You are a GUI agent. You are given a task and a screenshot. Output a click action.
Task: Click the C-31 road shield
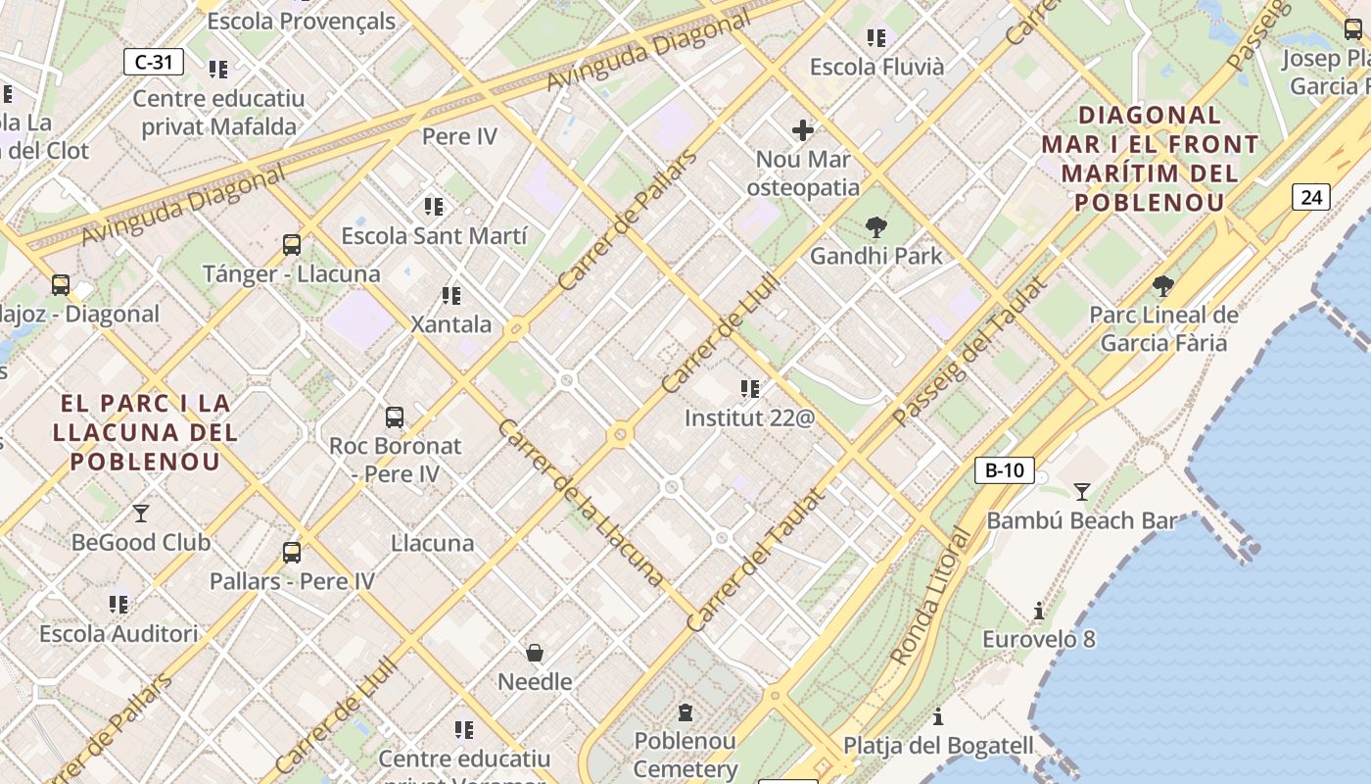click(154, 62)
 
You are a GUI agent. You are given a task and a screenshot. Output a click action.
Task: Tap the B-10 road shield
click(1004, 470)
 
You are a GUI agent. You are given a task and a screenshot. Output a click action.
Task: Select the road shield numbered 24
click(1310, 197)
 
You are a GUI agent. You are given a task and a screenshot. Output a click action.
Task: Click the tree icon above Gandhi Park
click(876, 228)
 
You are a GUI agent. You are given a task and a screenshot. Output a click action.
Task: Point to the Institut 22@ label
click(749, 417)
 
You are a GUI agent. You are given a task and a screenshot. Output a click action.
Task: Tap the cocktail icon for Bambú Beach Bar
click(1082, 491)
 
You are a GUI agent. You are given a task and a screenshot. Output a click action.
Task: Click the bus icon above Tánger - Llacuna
click(291, 245)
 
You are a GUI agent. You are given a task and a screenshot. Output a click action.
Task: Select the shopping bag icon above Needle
click(535, 653)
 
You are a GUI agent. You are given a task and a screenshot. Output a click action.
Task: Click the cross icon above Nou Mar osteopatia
click(803, 130)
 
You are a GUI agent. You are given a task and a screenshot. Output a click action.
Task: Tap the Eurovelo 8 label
click(1039, 639)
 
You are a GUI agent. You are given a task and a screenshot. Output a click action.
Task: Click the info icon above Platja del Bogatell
click(938, 717)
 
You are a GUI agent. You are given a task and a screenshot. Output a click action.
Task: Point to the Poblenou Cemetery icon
click(685, 712)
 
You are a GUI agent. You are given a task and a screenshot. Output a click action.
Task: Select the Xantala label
click(451, 323)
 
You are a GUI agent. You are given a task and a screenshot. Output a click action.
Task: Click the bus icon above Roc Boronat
click(395, 417)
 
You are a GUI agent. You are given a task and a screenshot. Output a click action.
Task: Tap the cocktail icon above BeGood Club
click(141, 513)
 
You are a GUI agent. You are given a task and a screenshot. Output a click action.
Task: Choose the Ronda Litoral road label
click(930, 598)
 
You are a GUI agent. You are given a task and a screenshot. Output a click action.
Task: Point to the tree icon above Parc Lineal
click(1163, 286)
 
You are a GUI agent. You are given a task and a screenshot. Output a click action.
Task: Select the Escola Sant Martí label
click(434, 235)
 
